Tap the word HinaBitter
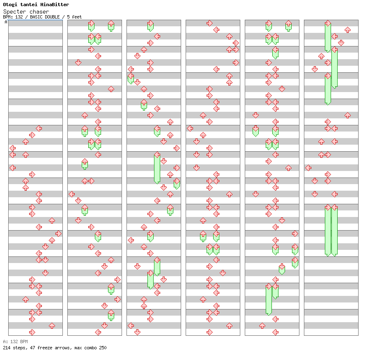click(x=55, y=5)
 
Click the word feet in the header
click(x=77, y=17)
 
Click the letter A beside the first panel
click(x=6, y=22)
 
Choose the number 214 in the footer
click(x=7, y=348)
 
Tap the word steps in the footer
click(x=19, y=348)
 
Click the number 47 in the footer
click(x=30, y=348)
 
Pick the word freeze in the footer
click(x=41, y=348)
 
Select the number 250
click(x=102, y=348)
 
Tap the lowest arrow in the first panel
click(x=32, y=332)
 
